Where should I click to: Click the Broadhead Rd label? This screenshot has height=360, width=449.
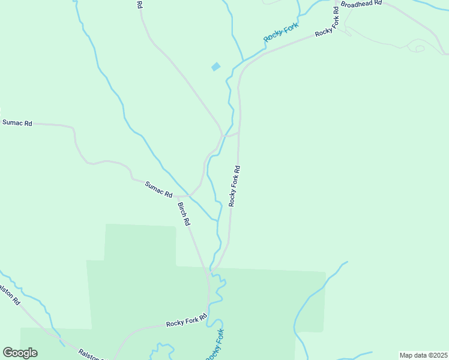(x=361, y=4)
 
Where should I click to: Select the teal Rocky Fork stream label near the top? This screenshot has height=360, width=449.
(x=281, y=35)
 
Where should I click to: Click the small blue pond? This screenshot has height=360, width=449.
(x=215, y=67)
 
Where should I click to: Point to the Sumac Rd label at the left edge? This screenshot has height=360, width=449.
(x=17, y=122)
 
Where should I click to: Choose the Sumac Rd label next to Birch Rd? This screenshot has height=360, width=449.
(x=158, y=190)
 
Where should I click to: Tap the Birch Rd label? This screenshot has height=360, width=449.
(x=184, y=214)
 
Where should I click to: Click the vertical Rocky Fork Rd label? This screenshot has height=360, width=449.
(x=235, y=187)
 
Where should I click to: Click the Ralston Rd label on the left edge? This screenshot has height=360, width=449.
(x=10, y=295)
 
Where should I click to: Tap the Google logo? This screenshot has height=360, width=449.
(x=20, y=353)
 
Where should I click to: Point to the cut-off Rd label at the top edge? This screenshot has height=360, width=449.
(x=139, y=4)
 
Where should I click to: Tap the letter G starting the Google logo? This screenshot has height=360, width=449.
(x=8, y=353)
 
